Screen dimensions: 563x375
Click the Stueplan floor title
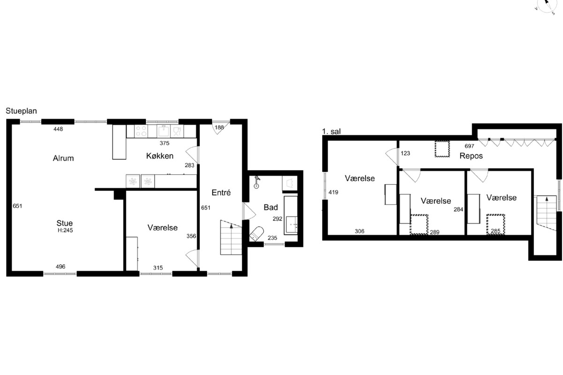[x=22, y=111]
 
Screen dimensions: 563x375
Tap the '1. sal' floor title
[x=332, y=131]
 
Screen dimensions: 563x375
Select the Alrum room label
[x=63, y=158]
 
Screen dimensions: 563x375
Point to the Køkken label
[x=160, y=156]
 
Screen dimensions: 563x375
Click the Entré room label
[x=221, y=193]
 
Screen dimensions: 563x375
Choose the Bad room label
[x=271, y=208]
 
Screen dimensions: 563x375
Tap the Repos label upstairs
[x=471, y=156]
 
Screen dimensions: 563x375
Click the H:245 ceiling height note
[x=65, y=230]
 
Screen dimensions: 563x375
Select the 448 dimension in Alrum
[x=58, y=129]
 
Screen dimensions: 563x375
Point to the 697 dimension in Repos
[x=470, y=146]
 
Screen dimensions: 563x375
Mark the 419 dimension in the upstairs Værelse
[x=334, y=192]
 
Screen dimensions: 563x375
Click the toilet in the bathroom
[x=256, y=234]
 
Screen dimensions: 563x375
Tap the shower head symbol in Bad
[x=256, y=182]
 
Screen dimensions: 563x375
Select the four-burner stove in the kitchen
[x=141, y=131]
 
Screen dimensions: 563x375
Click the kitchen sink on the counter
[x=164, y=131]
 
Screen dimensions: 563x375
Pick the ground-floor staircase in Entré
[x=231, y=237]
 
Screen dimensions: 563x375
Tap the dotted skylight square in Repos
[x=442, y=149]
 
